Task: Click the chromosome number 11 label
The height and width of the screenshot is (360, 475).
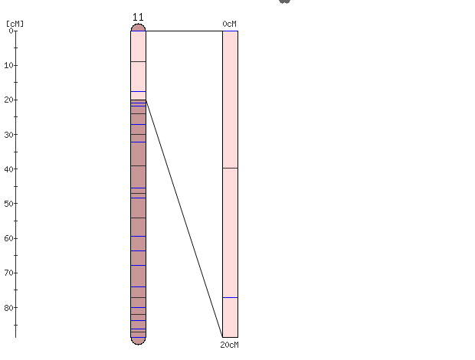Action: pos(138,18)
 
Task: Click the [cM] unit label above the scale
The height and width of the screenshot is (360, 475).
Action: pos(15,24)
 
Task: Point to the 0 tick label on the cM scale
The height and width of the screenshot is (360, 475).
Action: pos(11,31)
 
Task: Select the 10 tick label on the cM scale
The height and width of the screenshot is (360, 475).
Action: pos(8,65)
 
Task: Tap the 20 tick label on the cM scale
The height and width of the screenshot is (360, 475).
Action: pos(8,100)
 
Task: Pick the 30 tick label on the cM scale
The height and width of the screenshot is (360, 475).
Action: pos(8,135)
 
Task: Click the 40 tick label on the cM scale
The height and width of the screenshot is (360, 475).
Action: pos(8,169)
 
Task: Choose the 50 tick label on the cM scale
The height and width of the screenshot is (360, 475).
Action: pos(8,204)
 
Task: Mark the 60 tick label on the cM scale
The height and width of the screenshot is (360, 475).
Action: pos(8,238)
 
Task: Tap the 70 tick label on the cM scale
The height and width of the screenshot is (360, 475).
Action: pos(8,273)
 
